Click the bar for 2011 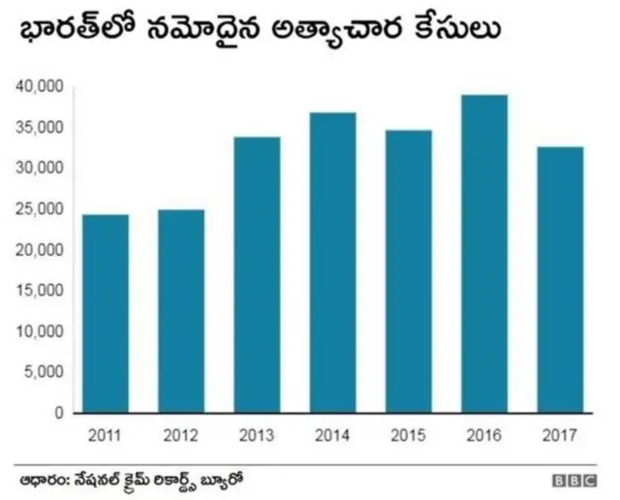105,313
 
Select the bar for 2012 180,311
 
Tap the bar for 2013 257,274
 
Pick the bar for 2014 332,263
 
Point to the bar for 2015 408,271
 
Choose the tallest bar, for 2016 483,253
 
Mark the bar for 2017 559,279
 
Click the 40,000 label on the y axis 40,87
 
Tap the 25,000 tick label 40,209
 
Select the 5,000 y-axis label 44,372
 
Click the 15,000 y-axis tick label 40,291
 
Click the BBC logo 573,480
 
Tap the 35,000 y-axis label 40,128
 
